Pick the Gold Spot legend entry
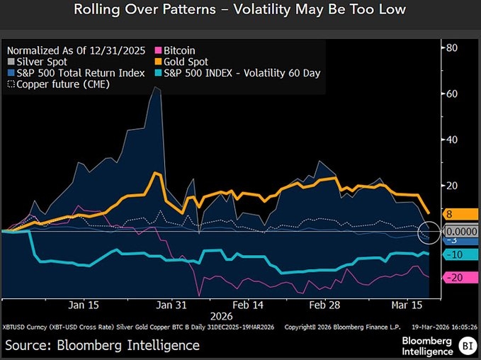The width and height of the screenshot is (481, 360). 183,62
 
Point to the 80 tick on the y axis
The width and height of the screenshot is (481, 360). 451,47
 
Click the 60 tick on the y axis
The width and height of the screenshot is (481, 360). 451,94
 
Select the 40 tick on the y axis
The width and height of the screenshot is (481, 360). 451,140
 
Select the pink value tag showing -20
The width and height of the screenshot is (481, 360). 458,277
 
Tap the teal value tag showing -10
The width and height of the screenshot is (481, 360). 458,254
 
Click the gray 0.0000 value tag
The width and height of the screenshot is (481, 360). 461,231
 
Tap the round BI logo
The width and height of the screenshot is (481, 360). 467,346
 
